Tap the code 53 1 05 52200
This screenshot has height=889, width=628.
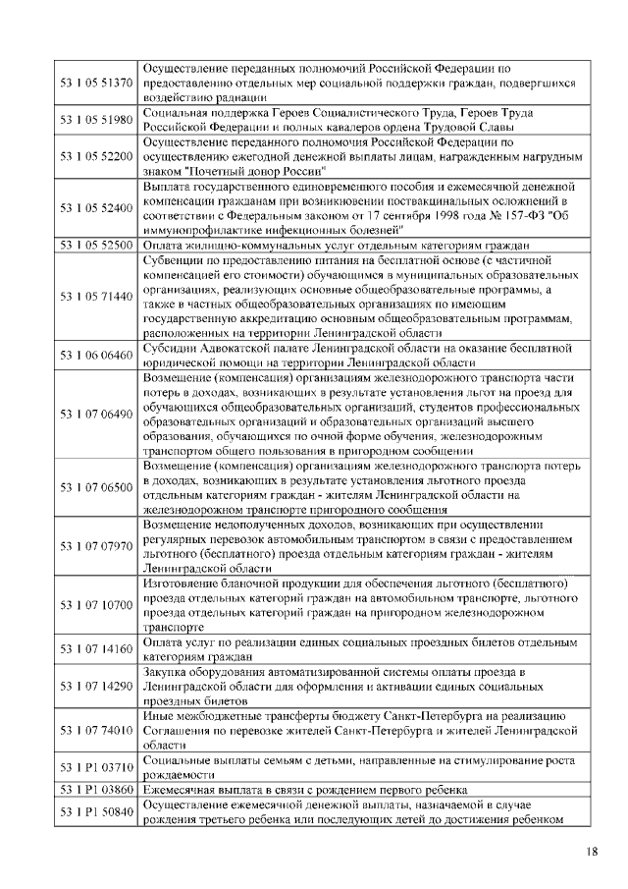96,155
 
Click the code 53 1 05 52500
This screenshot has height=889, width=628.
96,245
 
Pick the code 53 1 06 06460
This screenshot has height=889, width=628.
96,355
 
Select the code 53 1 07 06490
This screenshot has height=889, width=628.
96,415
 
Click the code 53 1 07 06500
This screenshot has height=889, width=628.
96,487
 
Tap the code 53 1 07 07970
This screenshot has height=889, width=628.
96,546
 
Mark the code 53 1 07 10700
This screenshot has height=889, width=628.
96,605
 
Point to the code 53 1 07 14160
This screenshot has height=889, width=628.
96,649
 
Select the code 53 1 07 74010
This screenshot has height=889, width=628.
96,732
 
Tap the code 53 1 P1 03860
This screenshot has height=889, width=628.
96,790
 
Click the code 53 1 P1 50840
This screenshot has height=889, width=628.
96,814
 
